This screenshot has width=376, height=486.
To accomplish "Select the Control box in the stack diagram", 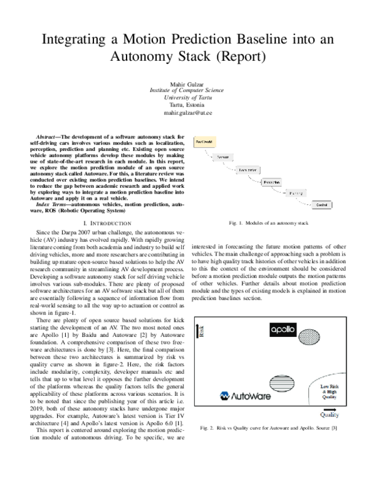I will (x=320, y=205).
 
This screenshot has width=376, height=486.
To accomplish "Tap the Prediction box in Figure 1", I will (x=271, y=182).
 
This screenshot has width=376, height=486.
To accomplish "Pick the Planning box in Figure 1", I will (x=295, y=194).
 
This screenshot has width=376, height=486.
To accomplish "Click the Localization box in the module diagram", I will (x=248, y=169).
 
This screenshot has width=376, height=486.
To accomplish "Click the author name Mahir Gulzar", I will (x=187, y=84).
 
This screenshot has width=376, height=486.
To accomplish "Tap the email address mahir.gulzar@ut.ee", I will (x=187, y=114).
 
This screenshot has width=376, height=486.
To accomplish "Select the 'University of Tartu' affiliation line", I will (x=187, y=99).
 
